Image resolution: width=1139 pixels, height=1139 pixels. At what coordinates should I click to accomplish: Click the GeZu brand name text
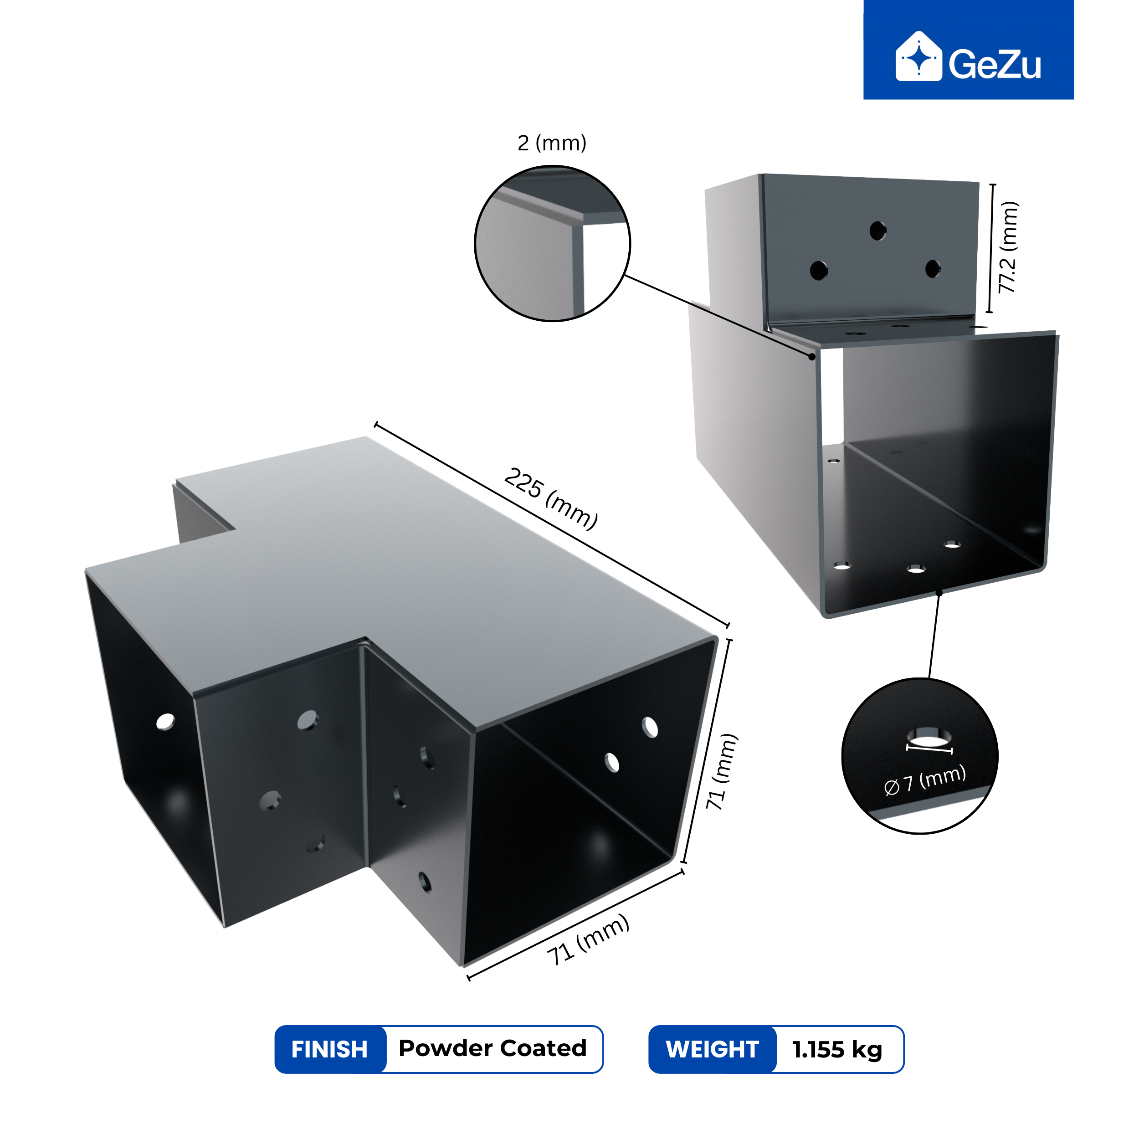tap(995, 64)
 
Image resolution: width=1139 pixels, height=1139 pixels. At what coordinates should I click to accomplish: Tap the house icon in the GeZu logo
tap(918, 56)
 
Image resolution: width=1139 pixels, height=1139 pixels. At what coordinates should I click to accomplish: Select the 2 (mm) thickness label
tap(552, 143)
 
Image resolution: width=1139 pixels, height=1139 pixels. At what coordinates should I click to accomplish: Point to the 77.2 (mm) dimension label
tap(1009, 247)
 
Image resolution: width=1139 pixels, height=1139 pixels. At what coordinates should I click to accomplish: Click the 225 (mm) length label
tap(552, 498)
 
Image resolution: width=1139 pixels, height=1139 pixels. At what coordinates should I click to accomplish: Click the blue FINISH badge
tap(329, 1049)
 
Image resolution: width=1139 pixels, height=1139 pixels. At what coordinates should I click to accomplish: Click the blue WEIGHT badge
tap(712, 1049)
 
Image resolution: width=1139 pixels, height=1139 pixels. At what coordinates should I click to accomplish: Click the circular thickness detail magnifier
tap(552, 243)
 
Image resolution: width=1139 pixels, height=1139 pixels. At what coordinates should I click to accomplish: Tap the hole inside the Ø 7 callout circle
tap(929, 737)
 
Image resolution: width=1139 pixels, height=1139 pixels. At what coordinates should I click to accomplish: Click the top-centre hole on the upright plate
tap(878, 231)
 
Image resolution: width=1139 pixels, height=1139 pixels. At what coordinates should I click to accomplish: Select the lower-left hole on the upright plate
tap(819, 270)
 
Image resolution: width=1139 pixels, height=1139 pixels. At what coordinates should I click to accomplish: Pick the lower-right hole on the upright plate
tap(933, 269)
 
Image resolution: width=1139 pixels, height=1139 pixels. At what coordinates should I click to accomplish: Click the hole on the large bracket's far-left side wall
tap(166, 722)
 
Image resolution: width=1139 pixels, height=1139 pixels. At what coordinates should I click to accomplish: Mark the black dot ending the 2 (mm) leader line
tap(812, 357)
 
